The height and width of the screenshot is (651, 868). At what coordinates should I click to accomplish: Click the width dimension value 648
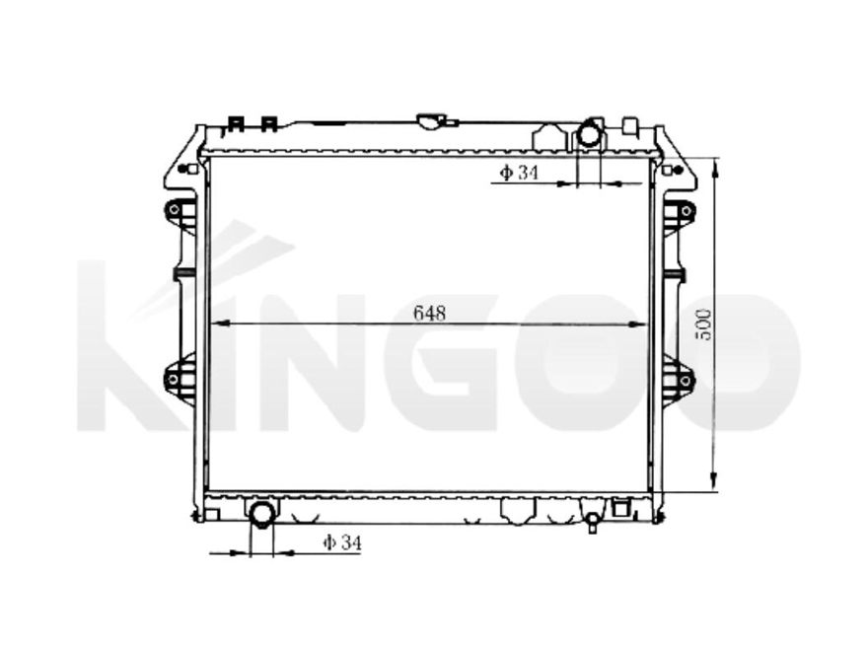[430, 313]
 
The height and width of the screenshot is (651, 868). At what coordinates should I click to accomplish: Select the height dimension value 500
[703, 324]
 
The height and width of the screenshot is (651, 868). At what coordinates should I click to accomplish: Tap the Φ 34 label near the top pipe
[519, 174]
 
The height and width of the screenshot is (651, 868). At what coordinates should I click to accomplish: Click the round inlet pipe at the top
[589, 133]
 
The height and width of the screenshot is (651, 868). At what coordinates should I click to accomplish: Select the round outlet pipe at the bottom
[262, 514]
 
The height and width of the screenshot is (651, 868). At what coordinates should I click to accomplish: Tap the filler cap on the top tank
[431, 121]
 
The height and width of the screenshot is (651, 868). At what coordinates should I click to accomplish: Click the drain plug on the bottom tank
[592, 520]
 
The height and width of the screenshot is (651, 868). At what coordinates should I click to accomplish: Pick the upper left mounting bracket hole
[175, 210]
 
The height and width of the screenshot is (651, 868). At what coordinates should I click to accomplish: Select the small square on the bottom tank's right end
[620, 508]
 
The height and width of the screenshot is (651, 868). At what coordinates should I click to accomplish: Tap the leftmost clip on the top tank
[235, 124]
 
